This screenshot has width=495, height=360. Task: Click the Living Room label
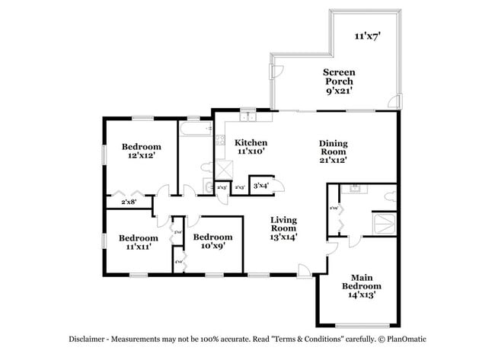tap(283, 228)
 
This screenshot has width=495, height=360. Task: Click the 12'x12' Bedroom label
tap(142, 151)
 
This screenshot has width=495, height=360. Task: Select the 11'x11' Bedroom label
tap(138, 242)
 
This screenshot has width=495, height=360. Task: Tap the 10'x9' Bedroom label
tap(212, 242)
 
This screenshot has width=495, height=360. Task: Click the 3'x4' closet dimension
tap(260, 185)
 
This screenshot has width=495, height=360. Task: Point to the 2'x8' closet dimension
tap(129, 202)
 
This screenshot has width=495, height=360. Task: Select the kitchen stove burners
tap(220, 140)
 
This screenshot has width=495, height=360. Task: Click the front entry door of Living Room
tap(305, 269)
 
